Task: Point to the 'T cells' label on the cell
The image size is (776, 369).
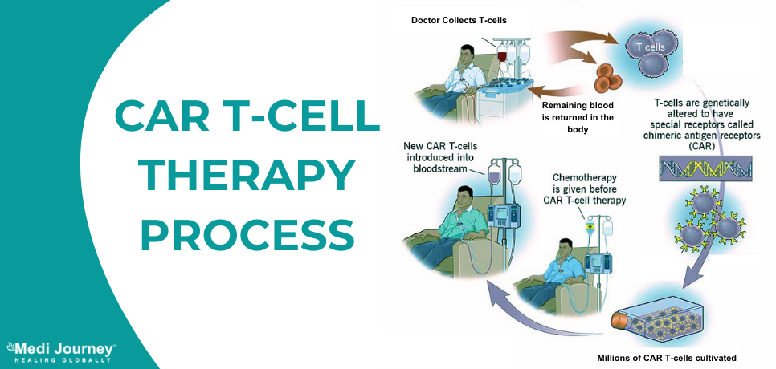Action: coord(650,47)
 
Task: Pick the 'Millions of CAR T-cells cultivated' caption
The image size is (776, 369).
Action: coord(668,356)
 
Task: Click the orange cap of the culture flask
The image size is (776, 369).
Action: coord(620,321)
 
